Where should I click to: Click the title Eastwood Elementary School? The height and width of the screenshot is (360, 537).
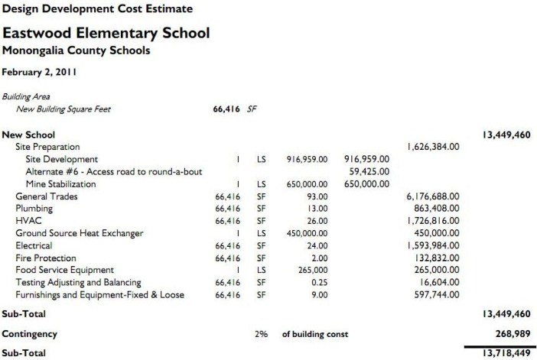coord(106,34)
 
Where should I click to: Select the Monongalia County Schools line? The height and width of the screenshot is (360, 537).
coord(76,51)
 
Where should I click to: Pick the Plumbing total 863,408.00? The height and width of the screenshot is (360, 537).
coord(433,208)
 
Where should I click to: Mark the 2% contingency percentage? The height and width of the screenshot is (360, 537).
coord(261,335)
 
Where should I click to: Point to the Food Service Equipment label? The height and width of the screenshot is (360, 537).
coord(64,270)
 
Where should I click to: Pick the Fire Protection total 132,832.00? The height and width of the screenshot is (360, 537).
coord(433,258)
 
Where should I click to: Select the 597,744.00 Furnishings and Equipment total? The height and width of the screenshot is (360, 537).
coord(433,294)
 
